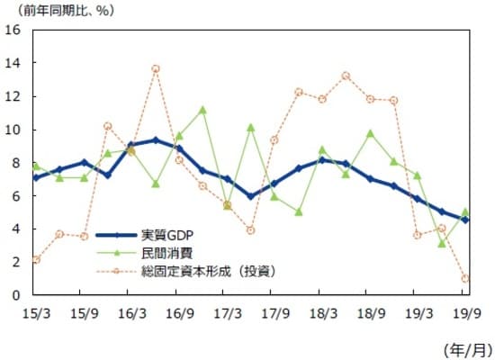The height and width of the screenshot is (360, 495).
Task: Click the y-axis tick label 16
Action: [x=14, y=30]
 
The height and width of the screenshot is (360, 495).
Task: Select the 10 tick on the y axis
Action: [x=14, y=129]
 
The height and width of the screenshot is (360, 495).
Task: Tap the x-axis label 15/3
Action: [x=35, y=313]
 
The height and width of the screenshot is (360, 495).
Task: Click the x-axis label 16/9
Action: [x=179, y=313]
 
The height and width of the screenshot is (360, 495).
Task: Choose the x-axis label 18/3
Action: [x=322, y=313]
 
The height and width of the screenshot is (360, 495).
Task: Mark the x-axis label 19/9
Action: [x=465, y=313]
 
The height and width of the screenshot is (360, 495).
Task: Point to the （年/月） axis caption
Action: [x=467, y=346]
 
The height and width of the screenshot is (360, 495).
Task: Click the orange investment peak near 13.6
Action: [x=156, y=68]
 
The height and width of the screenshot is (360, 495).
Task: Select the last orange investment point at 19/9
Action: [x=465, y=278]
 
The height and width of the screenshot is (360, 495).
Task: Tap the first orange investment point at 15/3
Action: [x=35, y=259]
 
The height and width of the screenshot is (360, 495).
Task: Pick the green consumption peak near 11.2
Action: [x=202, y=110]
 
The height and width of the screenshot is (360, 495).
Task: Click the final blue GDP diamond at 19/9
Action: [x=465, y=220]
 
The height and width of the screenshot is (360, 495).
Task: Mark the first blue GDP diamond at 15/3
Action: [x=35, y=177]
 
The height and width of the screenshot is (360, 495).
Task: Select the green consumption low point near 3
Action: [x=441, y=243]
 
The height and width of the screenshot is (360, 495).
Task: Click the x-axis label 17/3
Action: [x=227, y=313]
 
